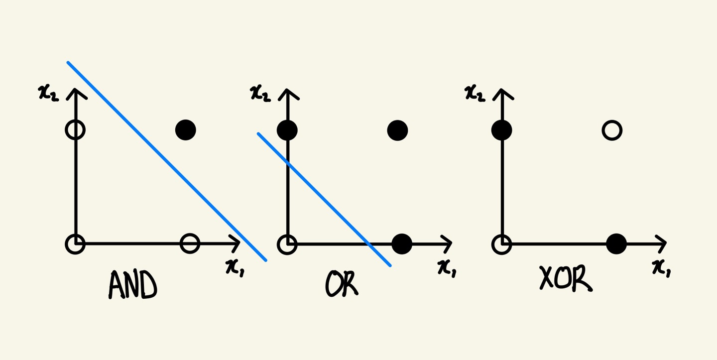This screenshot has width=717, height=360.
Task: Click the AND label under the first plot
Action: pyautogui.click(x=132, y=286)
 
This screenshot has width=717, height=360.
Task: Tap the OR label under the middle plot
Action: pyautogui.click(x=342, y=284)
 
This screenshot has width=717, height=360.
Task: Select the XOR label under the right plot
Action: pyautogui.click(x=566, y=278)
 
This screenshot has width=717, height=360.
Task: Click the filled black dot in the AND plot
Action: pyautogui.click(x=186, y=130)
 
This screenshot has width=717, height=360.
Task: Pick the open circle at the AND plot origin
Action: pyautogui.click(x=75, y=244)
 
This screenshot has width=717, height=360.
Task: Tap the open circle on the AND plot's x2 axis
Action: pyautogui.click(x=75, y=130)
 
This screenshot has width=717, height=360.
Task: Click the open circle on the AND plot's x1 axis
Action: pyautogui.click(x=190, y=243)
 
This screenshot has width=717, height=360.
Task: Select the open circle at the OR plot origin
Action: pyautogui.click(x=287, y=244)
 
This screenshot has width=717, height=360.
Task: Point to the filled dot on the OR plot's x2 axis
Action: pyautogui.click(x=287, y=130)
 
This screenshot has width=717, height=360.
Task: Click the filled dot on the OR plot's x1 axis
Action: pyautogui.click(x=402, y=244)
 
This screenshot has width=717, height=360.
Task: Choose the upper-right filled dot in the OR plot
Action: pyautogui.click(x=397, y=130)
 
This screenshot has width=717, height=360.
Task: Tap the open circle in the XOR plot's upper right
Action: pyautogui.click(x=612, y=130)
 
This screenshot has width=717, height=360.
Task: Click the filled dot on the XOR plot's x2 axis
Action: pyautogui.click(x=501, y=130)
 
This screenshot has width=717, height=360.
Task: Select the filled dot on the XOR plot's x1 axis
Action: pyautogui.click(x=616, y=244)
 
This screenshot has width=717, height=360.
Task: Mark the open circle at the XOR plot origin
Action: pyautogui.click(x=501, y=244)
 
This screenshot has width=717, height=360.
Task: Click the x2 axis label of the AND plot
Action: pyautogui.click(x=48, y=93)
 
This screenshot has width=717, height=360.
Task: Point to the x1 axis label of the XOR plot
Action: pyautogui.click(x=662, y=267)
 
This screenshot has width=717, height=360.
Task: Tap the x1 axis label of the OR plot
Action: pyautogui.click(x=447, y=267)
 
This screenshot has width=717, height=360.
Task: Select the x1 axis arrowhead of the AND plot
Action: pyautogui.click(x=236, y=243)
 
